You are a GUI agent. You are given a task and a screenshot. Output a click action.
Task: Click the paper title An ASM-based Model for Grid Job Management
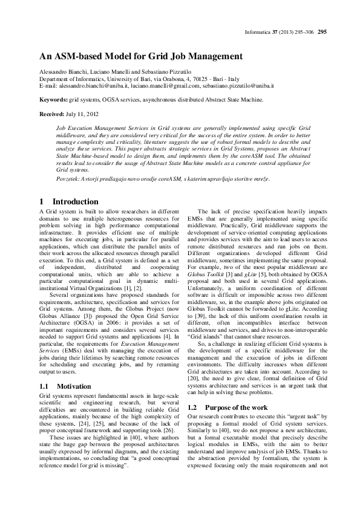(x=141, y=56)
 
